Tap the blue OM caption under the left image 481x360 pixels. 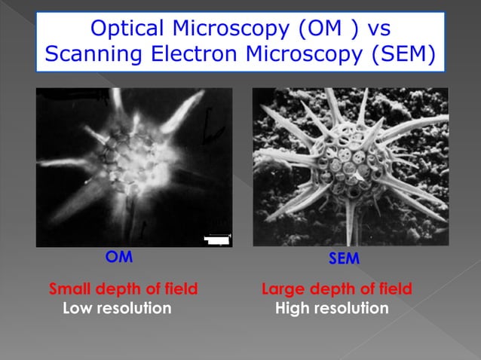click(x=119, y=257)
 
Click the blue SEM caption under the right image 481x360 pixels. click(x=344, y=258)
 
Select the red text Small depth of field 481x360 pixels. click(x=124, y=288)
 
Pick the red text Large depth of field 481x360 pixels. click(x=337, y=288)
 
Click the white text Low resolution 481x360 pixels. click(x=117, y=308)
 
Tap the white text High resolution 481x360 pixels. click(x=332, y=308)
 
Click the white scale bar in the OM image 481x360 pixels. click(x=217, y=240)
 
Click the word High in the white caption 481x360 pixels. click(x=291, y=308)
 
